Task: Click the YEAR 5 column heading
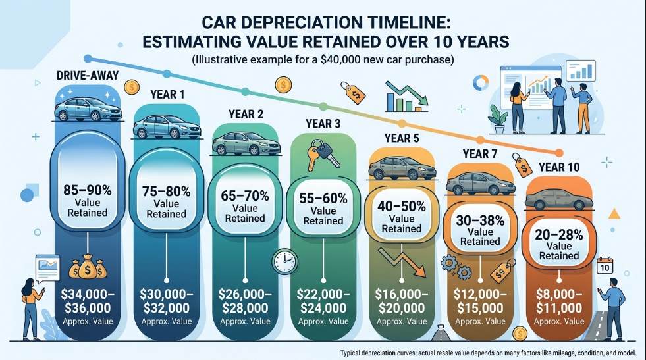[x=402, y=138]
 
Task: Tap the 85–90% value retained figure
[x=88, y=190]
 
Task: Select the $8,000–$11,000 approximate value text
[x=559, y=301]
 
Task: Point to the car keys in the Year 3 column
[x=323, y=155]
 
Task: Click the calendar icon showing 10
[x=605, y=266]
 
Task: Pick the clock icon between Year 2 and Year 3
[x=284, y=261]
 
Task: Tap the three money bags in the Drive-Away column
[x=88, y=267]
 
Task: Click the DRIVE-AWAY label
[x=88, y=76]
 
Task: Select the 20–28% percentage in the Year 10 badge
[x=559, y=234]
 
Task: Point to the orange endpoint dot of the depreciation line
[x=559, y=153]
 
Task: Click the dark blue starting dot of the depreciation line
[x=88, y=59]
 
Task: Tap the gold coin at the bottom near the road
[x=520, y=333]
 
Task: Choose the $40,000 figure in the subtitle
[x=340, y=60]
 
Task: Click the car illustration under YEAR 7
[x=480, y=184]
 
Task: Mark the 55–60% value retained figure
[x=323, y=198]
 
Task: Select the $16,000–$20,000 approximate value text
[x=402, y=301]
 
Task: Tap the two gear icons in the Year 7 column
[x=456, y=266]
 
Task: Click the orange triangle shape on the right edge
[x=614, y=214]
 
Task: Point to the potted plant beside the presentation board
[x=498, y=118]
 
